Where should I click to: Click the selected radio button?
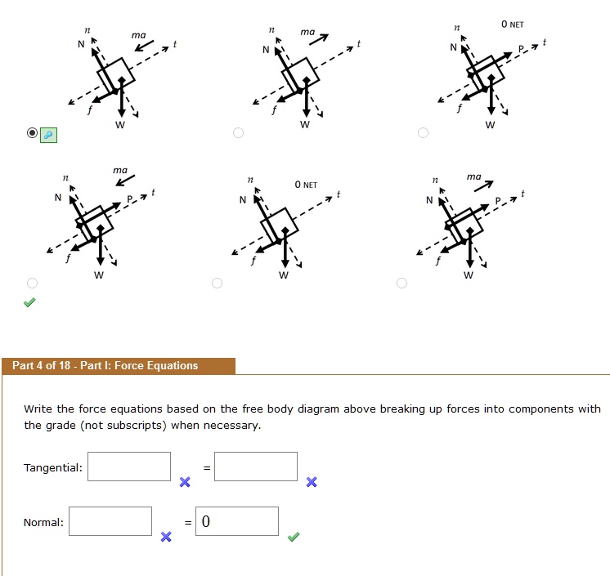tap(32, 132)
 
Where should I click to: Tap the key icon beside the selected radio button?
tap(49, 135)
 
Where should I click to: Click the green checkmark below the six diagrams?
tap(29, 302)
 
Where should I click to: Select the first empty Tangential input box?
tap(129, 467)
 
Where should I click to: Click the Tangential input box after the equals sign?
tap(256, 467)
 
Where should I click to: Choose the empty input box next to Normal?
tap(110, 521)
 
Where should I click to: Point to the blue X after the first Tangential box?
tap(185, 482)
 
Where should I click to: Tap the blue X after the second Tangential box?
tap(311, 482)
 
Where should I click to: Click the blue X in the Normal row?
tap(166, 537)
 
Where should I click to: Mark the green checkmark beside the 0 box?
tap(294, 537)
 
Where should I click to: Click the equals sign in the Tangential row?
tap(207, 467)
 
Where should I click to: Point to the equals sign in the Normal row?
tap(188, 522)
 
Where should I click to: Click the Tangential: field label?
tap(53, 467)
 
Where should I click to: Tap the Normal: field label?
tap(44, 522)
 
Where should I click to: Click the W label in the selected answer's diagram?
tap(119, 125)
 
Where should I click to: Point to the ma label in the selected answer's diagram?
tap(139, 36)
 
